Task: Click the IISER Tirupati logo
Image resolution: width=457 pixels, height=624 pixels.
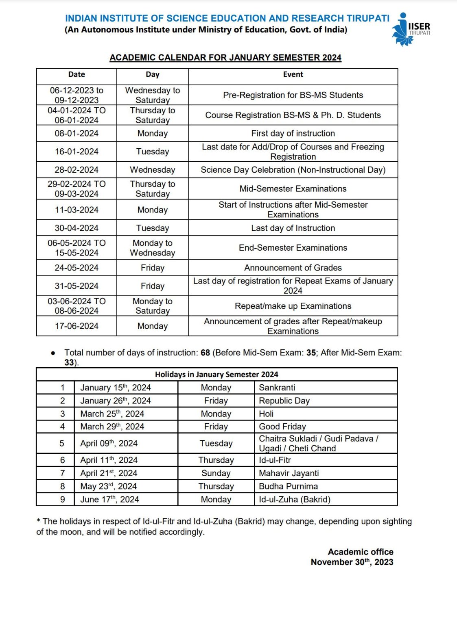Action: pyautogui.click(x=410, y=29)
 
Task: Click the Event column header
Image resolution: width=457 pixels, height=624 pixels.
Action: pyautogui.click(x=293, y=74)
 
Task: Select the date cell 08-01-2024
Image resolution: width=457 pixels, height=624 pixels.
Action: pyautogui.click(x=77, y=133)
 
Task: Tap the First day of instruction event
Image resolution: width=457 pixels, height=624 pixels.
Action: pyautogui.click(x=293, y=133)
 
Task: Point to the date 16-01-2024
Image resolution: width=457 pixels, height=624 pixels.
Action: pyautogui.click(x=77, y=152)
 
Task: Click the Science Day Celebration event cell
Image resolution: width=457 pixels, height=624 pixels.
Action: pyautogui.click(x=293, y=170)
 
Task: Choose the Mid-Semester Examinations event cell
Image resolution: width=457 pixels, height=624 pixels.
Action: pyautogui.click(x=293, y=188)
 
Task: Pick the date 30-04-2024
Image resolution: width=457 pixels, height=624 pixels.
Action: pyautogui.click(x=77, y=228)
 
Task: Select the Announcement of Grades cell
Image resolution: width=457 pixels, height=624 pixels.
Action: pyautogui.click(x=293, y=268)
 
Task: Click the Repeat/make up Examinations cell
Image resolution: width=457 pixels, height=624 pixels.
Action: pyautogui.click(x=293, y=306)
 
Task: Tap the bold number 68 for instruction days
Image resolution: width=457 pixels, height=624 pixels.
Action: pyautogui.click(x=205, y=353)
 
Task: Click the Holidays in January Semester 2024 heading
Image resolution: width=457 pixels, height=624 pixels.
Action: pyautogui.click(x=216, y=374)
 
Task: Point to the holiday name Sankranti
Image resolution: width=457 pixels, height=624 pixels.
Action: pyautogui.click(x=277, y=388)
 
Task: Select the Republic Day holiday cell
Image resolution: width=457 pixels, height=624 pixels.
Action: pyautogui.click(x=284, y=401)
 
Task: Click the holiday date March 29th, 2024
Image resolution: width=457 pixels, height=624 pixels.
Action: pyautogui.click(x=112, y=427)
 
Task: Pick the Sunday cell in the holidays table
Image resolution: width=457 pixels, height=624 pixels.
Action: pyautogui.click(x=216, y=473)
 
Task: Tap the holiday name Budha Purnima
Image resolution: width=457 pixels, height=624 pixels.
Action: pyautogui.click(x=289, y=486)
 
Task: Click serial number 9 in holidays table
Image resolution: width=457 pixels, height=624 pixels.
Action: pyautogui.click(x=62, y=499)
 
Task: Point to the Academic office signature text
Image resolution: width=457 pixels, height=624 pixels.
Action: pyautogui.click(x=361, y=552)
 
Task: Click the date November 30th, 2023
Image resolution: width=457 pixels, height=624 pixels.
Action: pyautogui.click(x=352, y=562)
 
